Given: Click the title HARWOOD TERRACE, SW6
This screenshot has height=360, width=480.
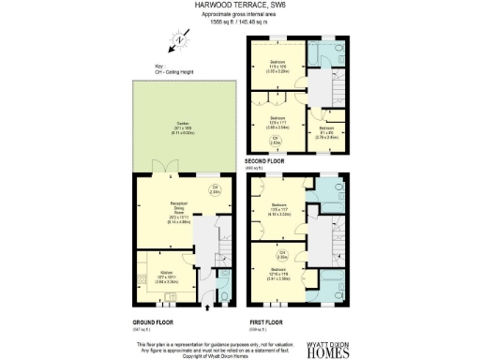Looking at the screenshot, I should point(239,5).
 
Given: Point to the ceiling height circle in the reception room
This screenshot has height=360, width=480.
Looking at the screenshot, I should point(215,191).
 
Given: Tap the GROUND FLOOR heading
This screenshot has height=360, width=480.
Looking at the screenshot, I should point(154,322).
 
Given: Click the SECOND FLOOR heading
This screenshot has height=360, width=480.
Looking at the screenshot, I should point(265,161).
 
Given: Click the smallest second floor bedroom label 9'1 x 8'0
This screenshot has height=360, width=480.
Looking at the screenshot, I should point(327,131).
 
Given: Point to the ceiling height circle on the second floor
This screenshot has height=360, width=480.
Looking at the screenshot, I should point(276,141).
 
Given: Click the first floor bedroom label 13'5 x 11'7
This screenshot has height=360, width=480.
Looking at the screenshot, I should point(278,208).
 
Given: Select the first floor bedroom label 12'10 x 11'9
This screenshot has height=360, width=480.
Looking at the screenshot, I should point(278,277).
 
